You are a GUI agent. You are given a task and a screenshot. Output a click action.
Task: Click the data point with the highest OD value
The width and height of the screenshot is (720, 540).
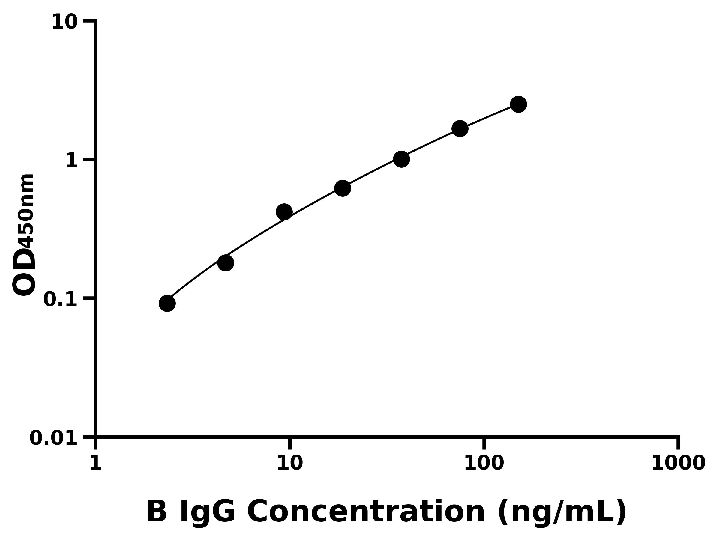pos(518,104)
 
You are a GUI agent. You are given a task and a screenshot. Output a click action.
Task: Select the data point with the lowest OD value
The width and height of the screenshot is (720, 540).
pos(167,303)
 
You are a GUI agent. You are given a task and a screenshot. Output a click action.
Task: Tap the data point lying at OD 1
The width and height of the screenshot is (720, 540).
pos(401,159)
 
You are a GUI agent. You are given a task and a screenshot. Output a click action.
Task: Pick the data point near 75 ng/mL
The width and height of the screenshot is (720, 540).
pos(460,129)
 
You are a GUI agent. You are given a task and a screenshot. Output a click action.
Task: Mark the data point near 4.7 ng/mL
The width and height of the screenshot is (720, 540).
pos(226,263)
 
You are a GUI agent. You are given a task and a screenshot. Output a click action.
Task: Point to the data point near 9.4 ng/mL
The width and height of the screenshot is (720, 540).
pos(284,212)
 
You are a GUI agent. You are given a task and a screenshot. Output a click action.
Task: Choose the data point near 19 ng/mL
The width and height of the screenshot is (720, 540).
pos(342,188)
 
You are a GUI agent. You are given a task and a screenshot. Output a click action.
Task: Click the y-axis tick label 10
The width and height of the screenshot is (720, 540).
pos(65,23)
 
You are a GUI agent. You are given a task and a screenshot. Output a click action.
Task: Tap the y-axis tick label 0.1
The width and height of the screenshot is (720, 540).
pos(61,299)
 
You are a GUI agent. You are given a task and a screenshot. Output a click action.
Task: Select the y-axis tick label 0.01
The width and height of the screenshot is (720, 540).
pos(54,438)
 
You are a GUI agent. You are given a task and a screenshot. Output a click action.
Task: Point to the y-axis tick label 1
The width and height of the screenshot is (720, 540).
pos(72,161)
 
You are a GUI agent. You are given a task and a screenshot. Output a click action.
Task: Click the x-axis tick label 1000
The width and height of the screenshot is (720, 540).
pos(678,463)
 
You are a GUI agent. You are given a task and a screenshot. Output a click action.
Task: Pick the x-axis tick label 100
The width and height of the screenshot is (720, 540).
pos(484,463)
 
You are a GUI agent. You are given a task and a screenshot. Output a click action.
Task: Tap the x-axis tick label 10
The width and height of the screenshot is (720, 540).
pos(290,463)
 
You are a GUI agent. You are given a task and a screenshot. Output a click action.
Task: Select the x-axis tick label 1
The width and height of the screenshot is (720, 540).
pos(96,463)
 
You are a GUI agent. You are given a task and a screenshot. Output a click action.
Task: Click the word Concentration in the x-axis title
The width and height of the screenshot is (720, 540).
pos(367,512)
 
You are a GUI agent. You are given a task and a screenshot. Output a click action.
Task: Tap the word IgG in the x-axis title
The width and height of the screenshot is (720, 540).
pos(207,512)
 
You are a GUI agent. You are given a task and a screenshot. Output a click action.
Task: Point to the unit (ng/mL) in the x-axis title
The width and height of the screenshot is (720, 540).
pos(562,512)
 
